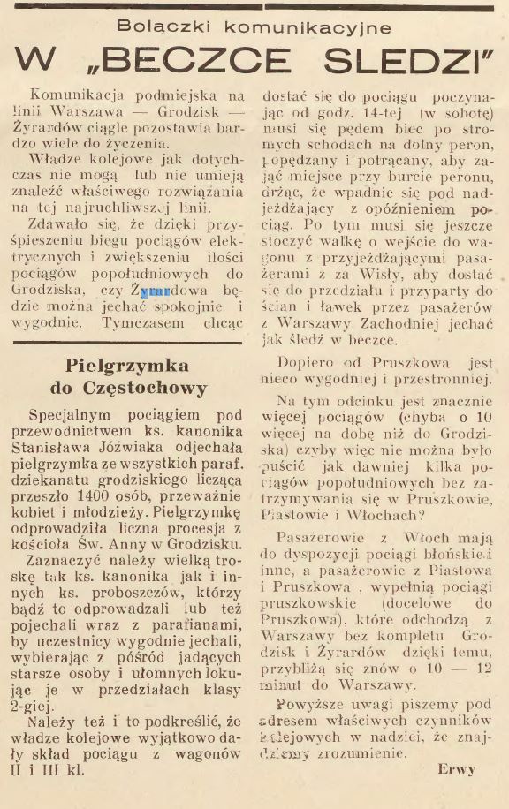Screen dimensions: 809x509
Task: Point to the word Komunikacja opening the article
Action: coord(72,94)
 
